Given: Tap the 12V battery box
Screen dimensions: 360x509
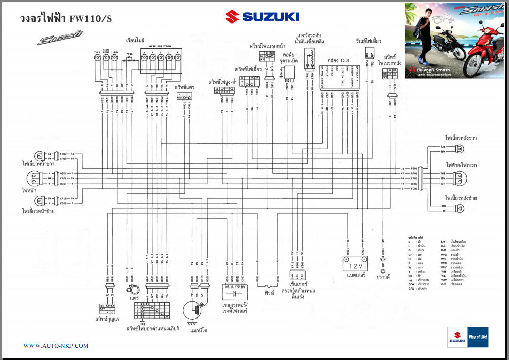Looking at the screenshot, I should pyautogui.click(x=353, y=265).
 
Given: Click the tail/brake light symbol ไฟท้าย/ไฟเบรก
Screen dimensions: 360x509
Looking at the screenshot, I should pyautogui.click(x=460, y=178).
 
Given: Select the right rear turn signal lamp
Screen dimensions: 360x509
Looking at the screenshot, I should pyautogui.click(x=460, y=149).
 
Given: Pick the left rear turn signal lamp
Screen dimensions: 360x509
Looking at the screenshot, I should pyautogui.click(x=460, y=208).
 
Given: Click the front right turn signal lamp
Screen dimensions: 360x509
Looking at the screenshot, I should pyautogui.click(x=39, y=156).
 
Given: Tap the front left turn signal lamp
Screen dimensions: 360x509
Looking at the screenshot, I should pyautogui.click(x=39, y=201).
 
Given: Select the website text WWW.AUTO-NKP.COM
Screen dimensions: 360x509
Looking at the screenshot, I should pyautogui.click(x=56, y=346).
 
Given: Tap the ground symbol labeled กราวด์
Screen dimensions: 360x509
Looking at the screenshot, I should pyautogui.click(x=383, y=271).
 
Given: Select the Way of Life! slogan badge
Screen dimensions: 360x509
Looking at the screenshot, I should pyautogui.click(x=478, y=337).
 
